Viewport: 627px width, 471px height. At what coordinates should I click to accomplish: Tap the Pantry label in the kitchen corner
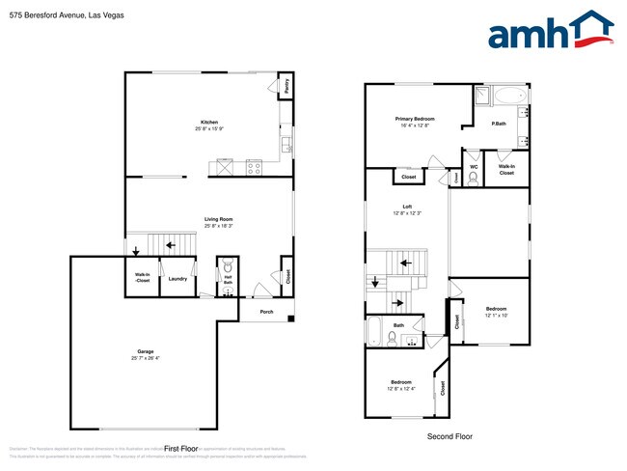click(x=287, y=86)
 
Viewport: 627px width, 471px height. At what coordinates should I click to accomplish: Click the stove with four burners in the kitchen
click(x=255, y=167)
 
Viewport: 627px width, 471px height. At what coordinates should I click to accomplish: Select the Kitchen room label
click(x=209, y=123)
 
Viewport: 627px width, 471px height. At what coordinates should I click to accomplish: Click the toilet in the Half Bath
click(x=229, y=266)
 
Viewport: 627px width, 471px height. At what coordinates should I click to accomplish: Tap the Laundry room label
click(x=177, y=279)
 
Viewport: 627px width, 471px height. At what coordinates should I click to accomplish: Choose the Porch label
click(x=266, y=312)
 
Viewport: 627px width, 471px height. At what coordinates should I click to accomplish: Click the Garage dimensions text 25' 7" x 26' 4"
click(x=146, y=358)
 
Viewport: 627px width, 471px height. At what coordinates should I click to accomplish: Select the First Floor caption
click(x=180, y=449)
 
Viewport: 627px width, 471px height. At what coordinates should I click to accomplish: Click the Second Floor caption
click(x=450, y=436)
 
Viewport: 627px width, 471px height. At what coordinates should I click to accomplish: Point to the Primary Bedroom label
click(x=417, y=119)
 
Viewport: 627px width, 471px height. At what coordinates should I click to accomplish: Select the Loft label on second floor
click(x=406, y=207)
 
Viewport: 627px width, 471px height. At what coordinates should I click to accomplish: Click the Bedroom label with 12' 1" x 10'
click(x=496, y=311)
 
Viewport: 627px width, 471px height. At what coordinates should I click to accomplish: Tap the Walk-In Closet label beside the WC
click(x=506, y=169)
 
